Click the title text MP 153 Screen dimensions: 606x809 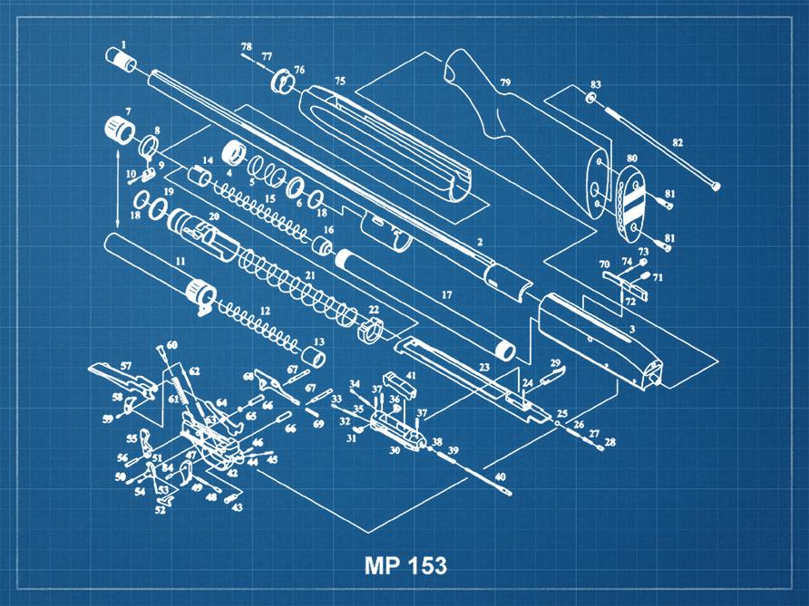[405, 566]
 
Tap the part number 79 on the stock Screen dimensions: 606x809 [505, 83]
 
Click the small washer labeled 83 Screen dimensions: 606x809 [590, 97]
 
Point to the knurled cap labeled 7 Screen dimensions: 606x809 [113, 129]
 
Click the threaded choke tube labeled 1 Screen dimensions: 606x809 [122, 62]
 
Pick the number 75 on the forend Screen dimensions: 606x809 [339, 82]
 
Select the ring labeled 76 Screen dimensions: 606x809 [284, 84]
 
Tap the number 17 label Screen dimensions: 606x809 [445, 295]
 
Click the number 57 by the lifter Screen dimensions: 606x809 [127, 366]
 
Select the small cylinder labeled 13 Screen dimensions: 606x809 [313, 357]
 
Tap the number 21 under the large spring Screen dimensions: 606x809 [310, 274]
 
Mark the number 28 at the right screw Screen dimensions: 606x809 [609, 442]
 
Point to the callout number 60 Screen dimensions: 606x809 [171, 345]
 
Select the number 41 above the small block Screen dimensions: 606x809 [411, 375]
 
